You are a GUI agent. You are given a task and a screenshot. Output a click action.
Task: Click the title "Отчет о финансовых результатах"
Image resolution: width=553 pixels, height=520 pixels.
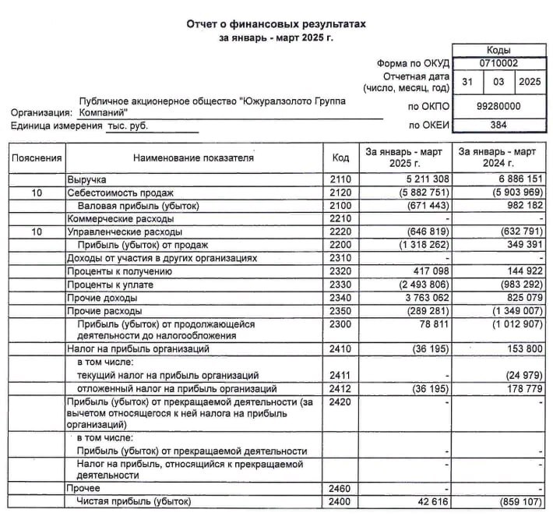(276, 24)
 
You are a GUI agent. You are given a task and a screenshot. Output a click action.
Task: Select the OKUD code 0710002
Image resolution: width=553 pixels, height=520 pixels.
(498, 64)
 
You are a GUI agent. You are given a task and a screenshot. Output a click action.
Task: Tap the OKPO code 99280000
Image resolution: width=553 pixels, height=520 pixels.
(498, 105)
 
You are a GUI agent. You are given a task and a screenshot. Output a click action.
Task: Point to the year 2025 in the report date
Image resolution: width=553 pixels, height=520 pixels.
(529, 82)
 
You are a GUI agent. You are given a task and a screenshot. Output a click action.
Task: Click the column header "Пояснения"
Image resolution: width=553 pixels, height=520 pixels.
(37, 158)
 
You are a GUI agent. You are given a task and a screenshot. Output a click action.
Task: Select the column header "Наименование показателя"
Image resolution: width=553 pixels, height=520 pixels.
(194, 158)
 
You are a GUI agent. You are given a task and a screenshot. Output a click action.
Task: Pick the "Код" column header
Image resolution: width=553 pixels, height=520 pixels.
(340, 158)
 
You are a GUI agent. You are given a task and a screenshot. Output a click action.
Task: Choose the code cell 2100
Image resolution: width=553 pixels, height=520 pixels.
(340, 206)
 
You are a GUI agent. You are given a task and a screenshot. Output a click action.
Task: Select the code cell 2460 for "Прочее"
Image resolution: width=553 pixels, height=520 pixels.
(340, 488)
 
